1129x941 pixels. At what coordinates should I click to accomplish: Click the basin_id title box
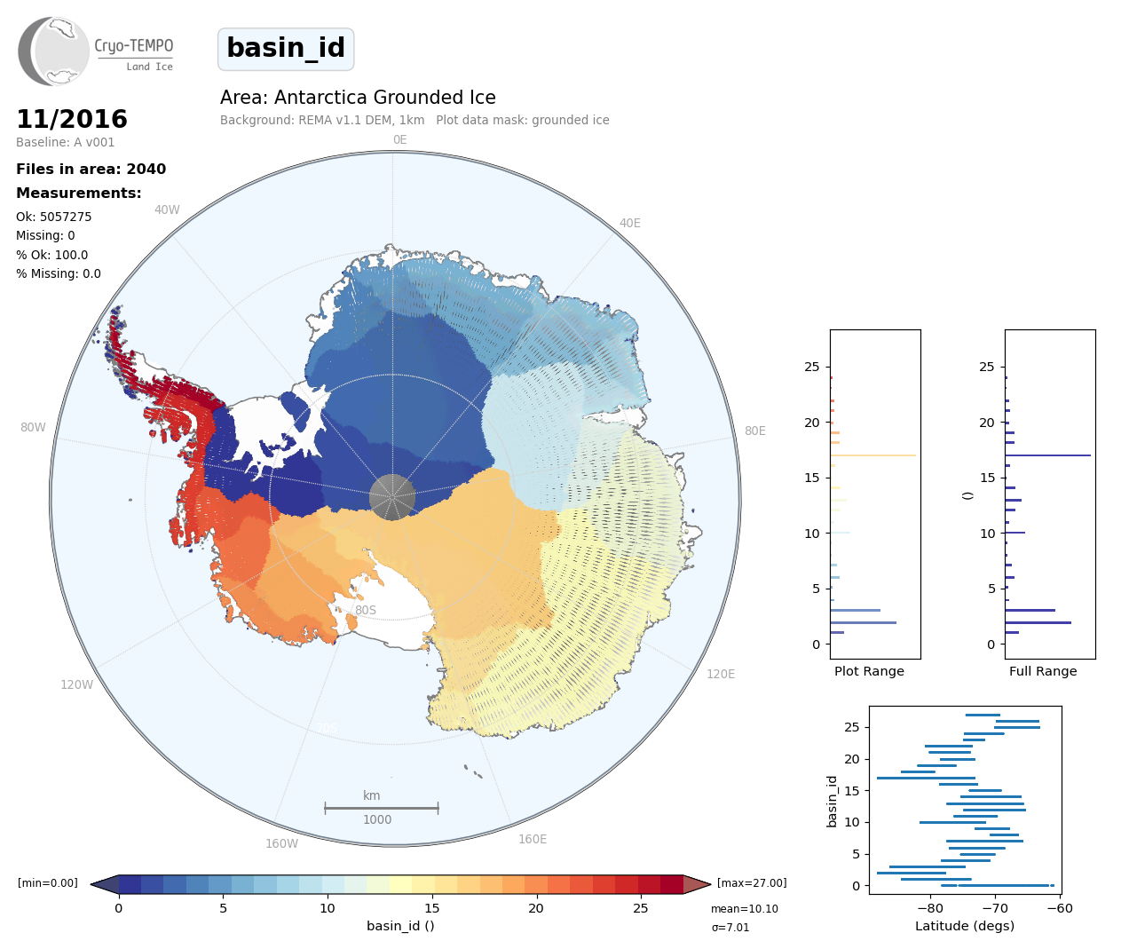click(x=286, y=49)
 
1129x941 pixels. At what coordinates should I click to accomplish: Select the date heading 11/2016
click(x=72, y=119)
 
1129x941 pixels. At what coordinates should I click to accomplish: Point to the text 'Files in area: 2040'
click(x=91, y=170)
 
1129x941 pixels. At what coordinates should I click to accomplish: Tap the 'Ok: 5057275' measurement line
click(x=53, y=217)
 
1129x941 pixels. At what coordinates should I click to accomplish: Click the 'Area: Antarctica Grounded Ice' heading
click(x=358, y=98)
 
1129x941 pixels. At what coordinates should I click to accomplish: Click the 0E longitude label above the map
click(x=399, y=139)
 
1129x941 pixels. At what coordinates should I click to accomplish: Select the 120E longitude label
click(x=721, y=674)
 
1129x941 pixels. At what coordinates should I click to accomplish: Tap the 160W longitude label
click(x=281, y=843)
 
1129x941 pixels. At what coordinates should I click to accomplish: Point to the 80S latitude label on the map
click(x=366, y=610)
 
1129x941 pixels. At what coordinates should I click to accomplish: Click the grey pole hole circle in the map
click(x=391, y=496)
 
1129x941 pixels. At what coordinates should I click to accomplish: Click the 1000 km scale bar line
click(x=381, y=808)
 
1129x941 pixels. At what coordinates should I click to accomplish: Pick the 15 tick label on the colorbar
click(x=432, y=908)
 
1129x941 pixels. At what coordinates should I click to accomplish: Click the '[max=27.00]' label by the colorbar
click(x=752, y=883)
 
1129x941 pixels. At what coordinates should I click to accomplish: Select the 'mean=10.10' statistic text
click(x=744, y=909)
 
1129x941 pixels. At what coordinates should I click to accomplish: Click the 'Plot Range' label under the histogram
click(x=869, y=671)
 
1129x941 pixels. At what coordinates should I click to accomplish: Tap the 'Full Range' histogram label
click(x=1043, y=671)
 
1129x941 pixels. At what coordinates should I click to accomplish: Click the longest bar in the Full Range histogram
click(x=1047, y=455)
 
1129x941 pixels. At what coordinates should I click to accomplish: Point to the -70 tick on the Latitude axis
click(x=995, y=908)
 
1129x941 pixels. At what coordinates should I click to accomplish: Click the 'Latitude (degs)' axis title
click(x=965, y=926)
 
